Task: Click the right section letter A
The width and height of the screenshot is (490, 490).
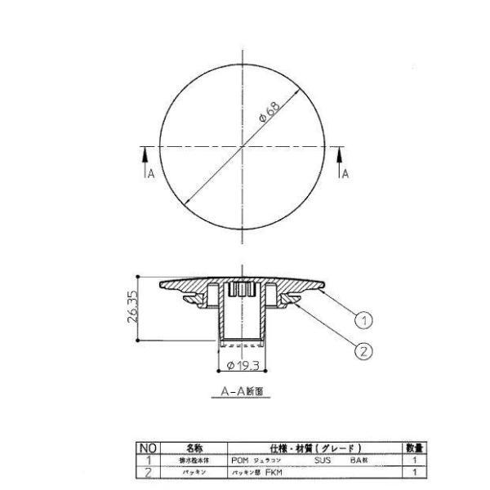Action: [345, 173]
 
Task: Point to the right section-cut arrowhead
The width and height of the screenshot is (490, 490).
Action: [341, 149]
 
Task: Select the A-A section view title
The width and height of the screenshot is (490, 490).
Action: [243, 391]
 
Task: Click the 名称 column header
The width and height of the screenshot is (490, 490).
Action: [194, 448]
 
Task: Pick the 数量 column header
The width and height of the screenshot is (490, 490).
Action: [414, 448]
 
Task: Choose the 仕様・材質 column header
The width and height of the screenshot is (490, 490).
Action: [314, 448]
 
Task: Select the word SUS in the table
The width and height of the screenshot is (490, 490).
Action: [321, 460]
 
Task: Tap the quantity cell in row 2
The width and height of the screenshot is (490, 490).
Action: [414, 471]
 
